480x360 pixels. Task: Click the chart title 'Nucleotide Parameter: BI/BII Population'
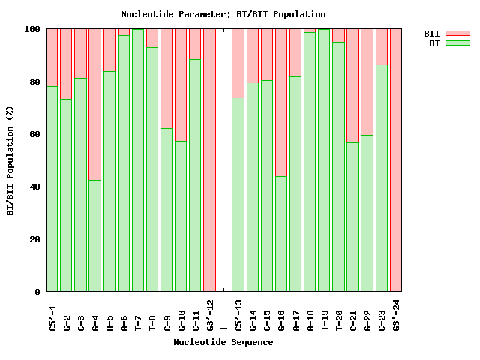coord(223,14)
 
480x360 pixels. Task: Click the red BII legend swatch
coord(457,34)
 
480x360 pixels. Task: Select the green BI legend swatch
coord(457,43)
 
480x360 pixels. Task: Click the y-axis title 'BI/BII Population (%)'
coord(10,161)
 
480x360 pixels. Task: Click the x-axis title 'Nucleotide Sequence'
coord(223,342)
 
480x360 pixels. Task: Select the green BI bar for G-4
coord(94,235)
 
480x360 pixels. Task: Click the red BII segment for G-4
coord(94,104)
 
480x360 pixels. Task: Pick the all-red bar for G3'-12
coord(209,160)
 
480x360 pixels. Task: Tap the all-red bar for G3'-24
coord(395,160)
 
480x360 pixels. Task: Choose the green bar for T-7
coord(137,160)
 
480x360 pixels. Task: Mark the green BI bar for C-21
coord(352,217)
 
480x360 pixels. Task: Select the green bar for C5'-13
coord(238,194)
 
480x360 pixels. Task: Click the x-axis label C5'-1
coord(52,314)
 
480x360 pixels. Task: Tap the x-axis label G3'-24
coord(396,314)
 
